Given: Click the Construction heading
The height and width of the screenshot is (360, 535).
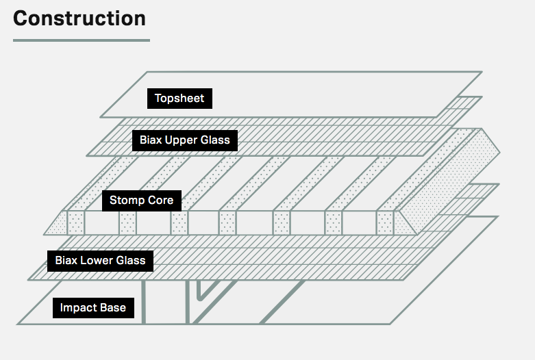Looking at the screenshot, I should [79, 18].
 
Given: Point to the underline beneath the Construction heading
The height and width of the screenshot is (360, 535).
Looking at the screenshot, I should [81, 40].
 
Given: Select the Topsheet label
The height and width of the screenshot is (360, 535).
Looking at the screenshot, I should [179, 99].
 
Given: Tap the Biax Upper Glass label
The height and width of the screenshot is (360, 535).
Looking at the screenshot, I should [185, 141].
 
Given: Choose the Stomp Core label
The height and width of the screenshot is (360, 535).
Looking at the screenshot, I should [142, 201].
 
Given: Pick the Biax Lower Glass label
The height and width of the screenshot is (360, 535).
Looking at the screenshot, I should [100, 261].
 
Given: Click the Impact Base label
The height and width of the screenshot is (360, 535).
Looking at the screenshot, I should [93, 308].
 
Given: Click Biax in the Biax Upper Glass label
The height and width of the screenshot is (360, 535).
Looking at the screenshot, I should [151, 141].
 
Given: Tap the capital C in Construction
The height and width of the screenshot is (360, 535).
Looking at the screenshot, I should [21, 18].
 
